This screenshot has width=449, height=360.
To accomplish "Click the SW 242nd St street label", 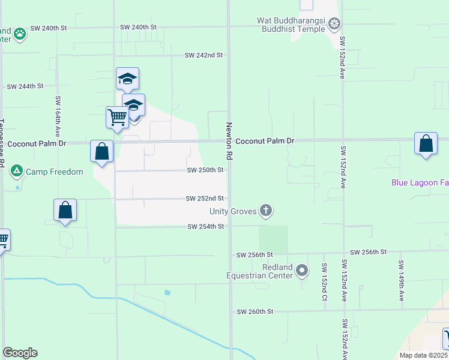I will point(203,55).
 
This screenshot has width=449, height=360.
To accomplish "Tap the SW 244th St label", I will point(25,86).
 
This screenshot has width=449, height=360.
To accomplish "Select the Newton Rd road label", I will point(229,141).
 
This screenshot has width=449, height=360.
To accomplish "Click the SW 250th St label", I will point(205,170).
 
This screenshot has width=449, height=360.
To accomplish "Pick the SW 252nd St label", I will point(205,199).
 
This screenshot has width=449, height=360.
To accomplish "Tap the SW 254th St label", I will point(205,227).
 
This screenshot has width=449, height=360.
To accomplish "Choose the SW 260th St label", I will point(255,312).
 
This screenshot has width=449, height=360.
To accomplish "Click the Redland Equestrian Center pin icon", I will point(303,271).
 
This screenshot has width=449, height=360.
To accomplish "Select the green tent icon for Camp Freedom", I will point(17,172).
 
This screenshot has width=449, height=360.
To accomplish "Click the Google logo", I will point(20,353).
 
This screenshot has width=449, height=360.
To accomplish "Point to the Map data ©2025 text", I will point(423,355).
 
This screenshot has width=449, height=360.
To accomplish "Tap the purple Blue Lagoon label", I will point(420,183).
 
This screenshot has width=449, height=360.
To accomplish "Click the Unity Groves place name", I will point(233,211).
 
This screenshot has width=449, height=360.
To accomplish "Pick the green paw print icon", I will point(20,33).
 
